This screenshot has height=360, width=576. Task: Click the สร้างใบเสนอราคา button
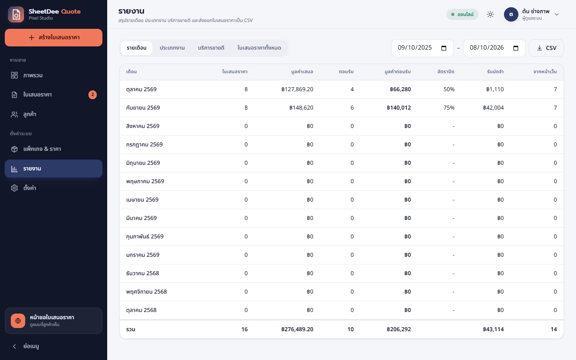[x=54, y=38]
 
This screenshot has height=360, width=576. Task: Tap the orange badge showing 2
[x=92, y=95]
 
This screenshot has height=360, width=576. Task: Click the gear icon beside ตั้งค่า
[x=14, y=188]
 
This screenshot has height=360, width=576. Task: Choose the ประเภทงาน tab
[x=172, y=48]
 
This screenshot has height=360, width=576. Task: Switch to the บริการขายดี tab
[x=211, y=48]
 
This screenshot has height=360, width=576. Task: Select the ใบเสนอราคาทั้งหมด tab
[x=259, y=48]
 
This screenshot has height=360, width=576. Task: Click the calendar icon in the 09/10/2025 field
[x=444, y=48]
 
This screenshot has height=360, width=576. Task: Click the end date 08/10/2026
[x=486, y=48]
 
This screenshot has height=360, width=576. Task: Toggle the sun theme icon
[x=490, y=14]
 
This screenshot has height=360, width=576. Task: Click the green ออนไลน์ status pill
[x=462, y=14]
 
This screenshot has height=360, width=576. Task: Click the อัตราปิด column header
[x=446, y=72]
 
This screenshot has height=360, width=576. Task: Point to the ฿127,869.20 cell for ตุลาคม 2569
[x=297, y=89]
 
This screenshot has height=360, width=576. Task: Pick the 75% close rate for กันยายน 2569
[x=449, y=108]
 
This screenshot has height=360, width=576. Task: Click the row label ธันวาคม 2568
[x=142, y=273]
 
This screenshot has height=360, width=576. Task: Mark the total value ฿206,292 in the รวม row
[x=398, y=330]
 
